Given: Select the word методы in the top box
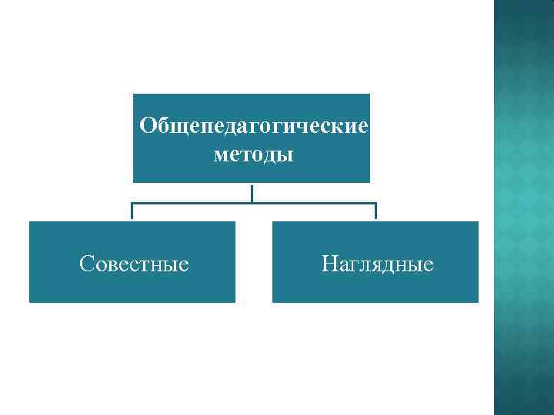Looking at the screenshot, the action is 253,155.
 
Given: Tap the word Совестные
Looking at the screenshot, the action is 134,264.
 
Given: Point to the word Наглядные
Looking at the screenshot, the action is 377,264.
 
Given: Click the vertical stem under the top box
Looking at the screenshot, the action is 252,192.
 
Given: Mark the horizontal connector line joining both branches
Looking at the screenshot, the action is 192,204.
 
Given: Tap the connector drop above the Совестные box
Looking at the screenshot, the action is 132,211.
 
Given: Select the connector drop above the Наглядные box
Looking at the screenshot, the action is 375,211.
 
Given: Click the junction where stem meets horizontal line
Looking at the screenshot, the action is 252,204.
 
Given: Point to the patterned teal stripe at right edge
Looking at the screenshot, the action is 523,207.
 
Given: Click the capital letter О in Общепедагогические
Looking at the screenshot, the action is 148,124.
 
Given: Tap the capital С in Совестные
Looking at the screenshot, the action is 86,264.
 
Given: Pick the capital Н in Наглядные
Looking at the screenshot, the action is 329,264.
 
